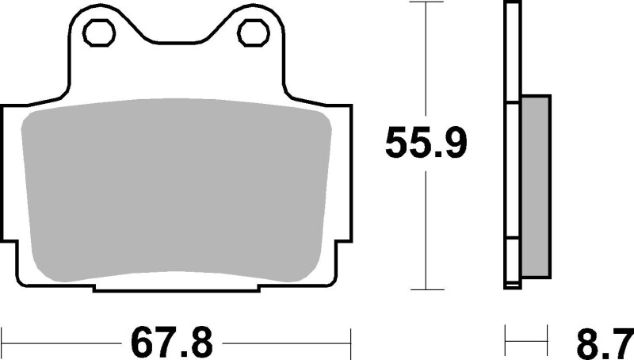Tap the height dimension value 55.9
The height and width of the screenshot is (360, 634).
click(426, 144)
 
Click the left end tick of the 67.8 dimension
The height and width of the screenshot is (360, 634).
click(2, 343)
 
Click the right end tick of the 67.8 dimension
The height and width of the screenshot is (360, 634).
click(349, 343)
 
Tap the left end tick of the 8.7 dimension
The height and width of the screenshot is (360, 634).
click(505, 343)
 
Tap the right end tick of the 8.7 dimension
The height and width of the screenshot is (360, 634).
click(548, 343)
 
